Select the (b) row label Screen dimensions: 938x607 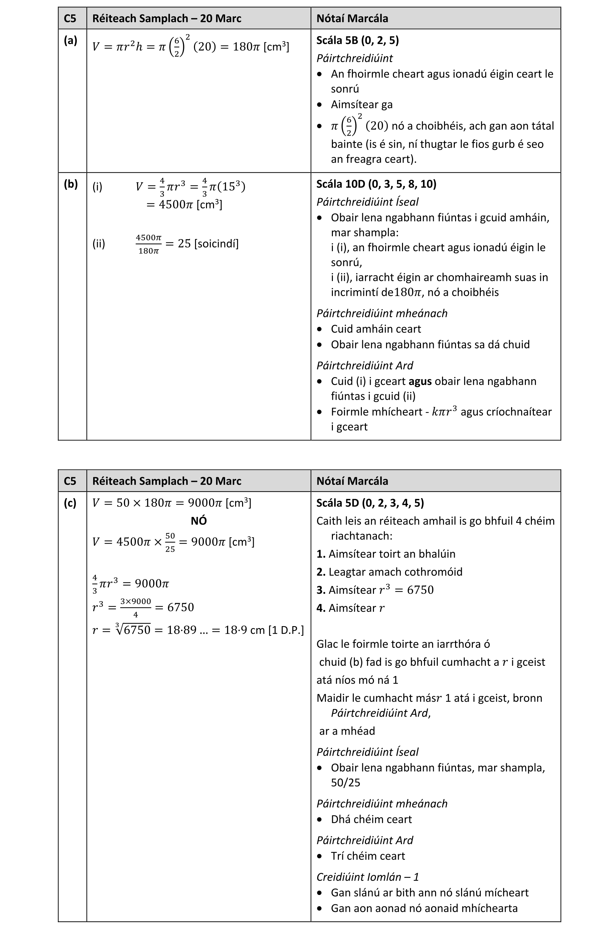71,184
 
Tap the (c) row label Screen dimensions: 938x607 70,503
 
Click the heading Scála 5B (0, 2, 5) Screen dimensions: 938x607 358,40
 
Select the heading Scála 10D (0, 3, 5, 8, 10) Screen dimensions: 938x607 376,184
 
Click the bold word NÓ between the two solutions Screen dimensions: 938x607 199,521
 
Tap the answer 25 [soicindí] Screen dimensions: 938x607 208,243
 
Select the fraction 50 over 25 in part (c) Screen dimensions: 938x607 170,542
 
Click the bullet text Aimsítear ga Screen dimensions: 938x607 362,105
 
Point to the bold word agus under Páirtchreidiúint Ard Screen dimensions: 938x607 420,381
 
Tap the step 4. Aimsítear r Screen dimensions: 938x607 350,608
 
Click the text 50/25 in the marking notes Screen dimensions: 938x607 345,782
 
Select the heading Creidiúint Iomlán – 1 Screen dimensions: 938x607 367,877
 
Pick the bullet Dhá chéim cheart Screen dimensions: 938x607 371,819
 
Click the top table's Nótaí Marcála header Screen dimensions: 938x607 352,18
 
